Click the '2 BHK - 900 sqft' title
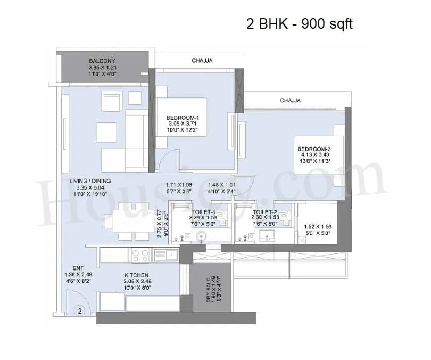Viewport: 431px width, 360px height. (300, 24)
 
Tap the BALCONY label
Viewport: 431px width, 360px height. (102, 61)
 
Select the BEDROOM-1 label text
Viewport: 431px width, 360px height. (183, 118)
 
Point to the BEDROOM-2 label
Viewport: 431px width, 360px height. (314, 149)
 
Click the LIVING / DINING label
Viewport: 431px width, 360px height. (90, 181)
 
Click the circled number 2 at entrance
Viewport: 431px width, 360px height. (80, 310)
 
